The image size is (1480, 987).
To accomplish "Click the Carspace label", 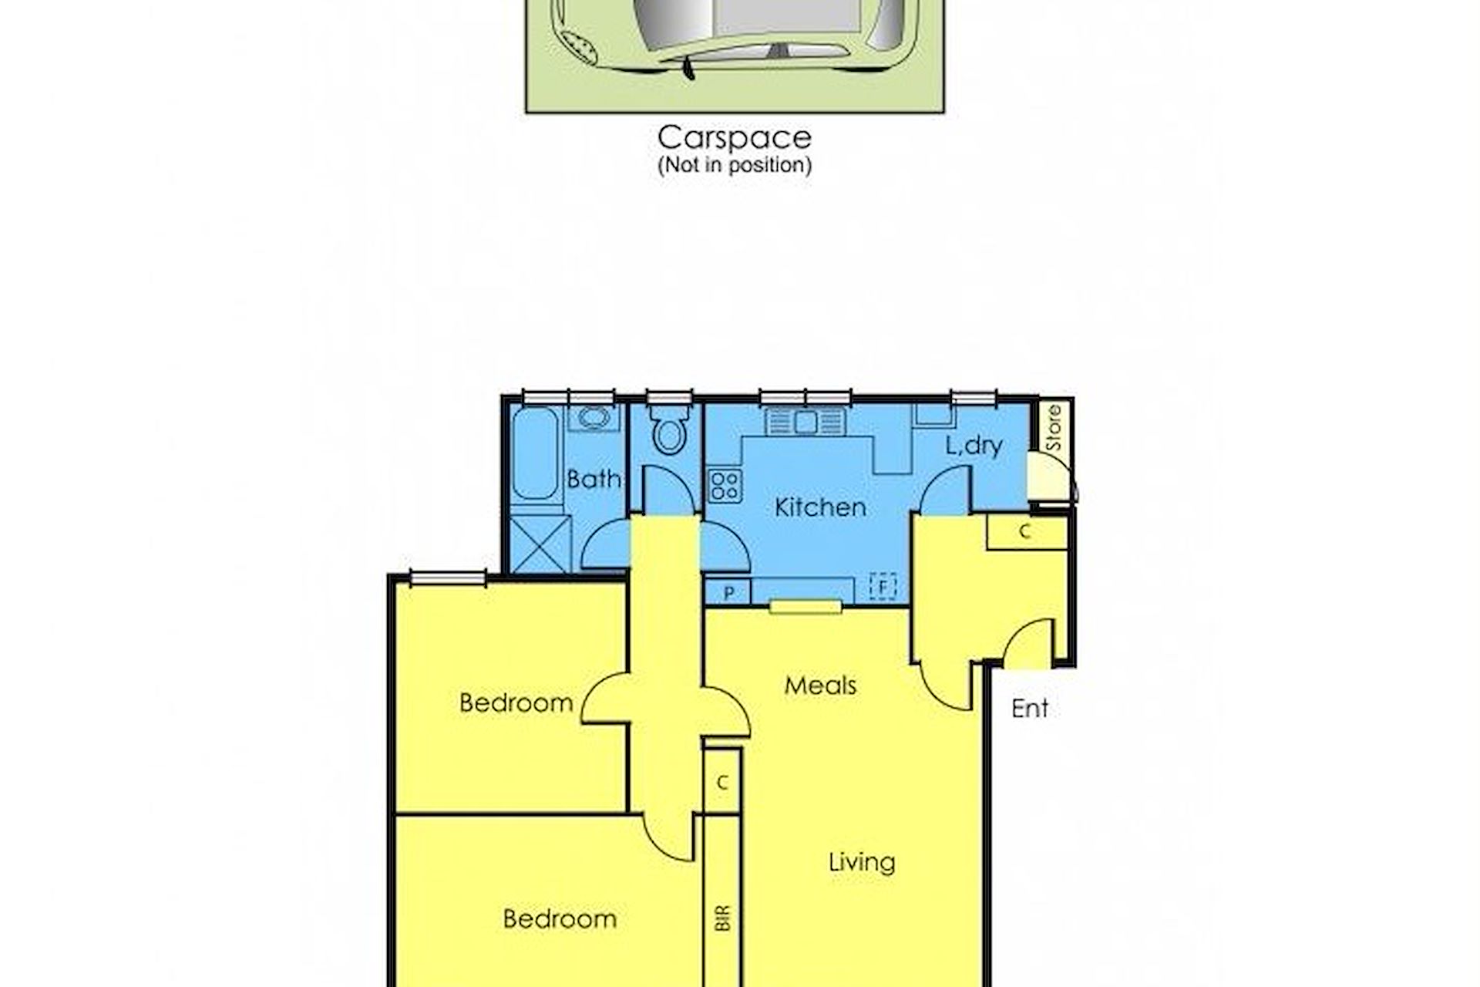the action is [x=735, y=138].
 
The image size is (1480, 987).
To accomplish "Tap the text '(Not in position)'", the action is [x=735, y=165].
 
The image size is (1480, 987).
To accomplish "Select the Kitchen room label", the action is [x=820, y=507].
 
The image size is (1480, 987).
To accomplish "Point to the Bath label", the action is [x=594, y=479].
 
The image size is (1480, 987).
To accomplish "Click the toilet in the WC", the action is [x=668, y=430].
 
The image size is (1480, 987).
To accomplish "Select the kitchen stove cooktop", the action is [x=725, y=485].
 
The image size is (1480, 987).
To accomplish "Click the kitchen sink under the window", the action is [x=806, y=422].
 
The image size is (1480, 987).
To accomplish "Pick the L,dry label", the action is [x=974, y=446].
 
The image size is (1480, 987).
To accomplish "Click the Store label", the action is [x=1054, y=428].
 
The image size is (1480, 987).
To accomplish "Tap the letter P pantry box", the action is [x=728, y=592].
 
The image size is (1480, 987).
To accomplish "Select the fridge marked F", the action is [x=883, y=587].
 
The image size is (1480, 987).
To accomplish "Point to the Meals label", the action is [x=820, y=686].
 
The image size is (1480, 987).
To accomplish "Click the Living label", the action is [x=862, y=862].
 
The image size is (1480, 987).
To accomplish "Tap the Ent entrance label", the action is [x=1029, y=709].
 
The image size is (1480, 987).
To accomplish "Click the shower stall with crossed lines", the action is [x=540, y=544].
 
